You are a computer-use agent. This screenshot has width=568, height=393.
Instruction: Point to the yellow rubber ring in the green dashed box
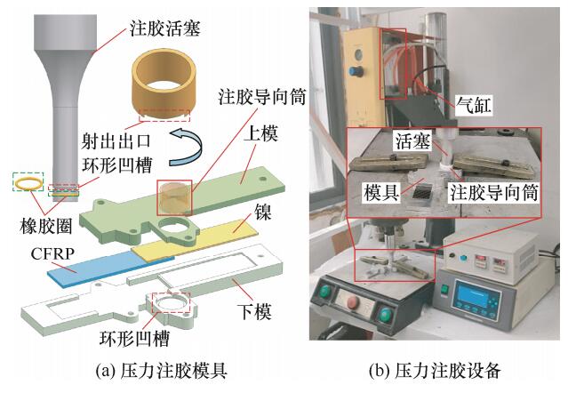pyautogui.click(x=28, y=184)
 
